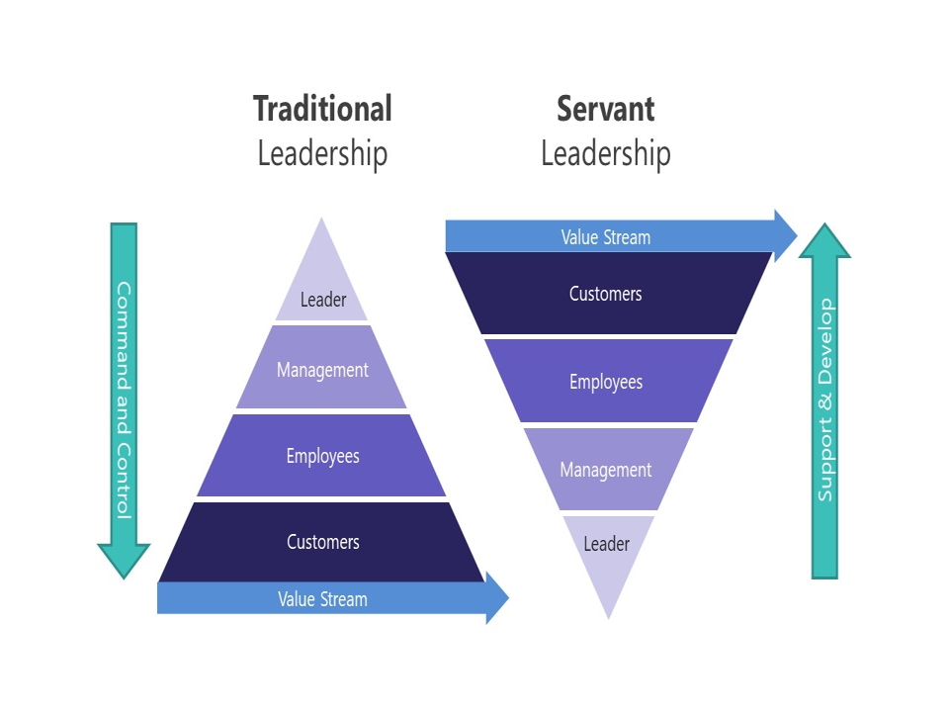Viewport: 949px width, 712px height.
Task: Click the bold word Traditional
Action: point(322,108)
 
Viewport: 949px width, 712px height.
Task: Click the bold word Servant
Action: point(605,108)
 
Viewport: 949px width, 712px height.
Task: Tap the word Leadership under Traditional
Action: point(322,154)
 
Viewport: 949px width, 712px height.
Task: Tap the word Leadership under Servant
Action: point(605,154)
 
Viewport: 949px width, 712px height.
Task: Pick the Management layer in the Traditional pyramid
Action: point(322,369)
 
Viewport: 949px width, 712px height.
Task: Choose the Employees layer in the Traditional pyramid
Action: point(322,456)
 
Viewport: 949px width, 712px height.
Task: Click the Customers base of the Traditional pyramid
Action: point(322,542)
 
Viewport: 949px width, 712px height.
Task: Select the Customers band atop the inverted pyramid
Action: point(606,294)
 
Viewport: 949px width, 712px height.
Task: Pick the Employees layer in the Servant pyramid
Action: point(606,382)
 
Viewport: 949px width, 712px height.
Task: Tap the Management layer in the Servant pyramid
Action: point(606,470)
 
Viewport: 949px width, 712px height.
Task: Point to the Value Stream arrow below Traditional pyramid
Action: point(322,599)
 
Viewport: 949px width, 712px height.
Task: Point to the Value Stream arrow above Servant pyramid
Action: point(606,237)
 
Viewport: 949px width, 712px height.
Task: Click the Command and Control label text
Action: point(124,400)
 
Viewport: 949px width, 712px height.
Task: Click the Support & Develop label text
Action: point(825,400)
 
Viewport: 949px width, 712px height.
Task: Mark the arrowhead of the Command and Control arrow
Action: point(124,560)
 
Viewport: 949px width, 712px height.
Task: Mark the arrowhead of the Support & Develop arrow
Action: point(824,243)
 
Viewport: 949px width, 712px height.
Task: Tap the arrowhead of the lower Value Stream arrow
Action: point(496,598)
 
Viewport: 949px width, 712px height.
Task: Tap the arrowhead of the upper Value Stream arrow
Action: point(785,236)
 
